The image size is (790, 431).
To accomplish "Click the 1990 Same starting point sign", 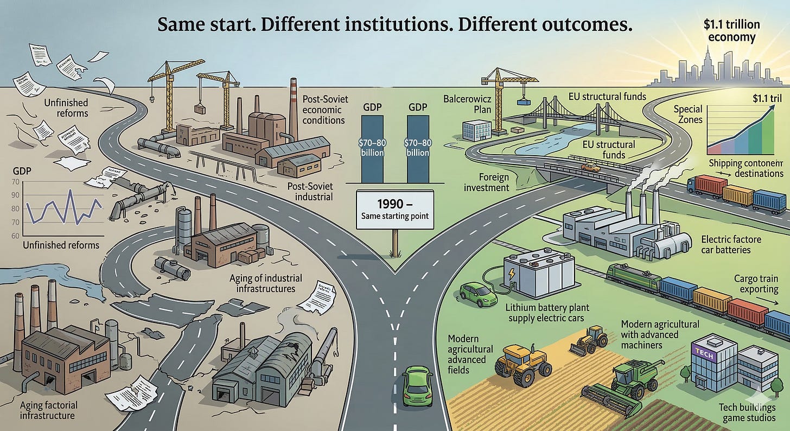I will point(394,210).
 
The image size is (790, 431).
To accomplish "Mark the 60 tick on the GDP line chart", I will point(15,236).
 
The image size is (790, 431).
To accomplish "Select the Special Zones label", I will point(689,115).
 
